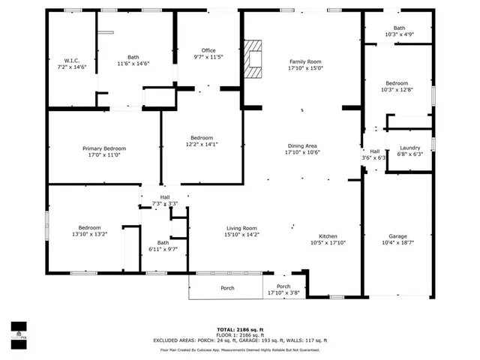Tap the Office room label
[208, 50]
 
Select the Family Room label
[305, 62]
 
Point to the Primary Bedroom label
[104, 149]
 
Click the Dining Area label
[302, 146]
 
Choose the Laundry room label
[409, 148]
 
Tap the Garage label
[397, 236]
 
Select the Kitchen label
[328, 236]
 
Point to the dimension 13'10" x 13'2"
[89, 234]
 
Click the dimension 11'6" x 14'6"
[133, 64]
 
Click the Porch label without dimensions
[227, 288]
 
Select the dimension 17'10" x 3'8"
[283, 293]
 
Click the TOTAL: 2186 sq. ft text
[240, 329]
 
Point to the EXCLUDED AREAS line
[240, 340]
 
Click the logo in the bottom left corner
[18, 331]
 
